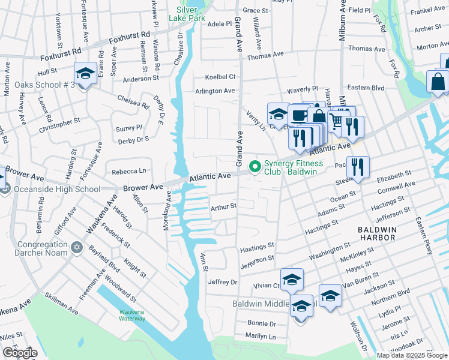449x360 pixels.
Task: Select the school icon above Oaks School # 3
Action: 85,74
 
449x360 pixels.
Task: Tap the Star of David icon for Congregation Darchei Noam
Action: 76,248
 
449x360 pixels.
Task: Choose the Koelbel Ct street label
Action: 220,77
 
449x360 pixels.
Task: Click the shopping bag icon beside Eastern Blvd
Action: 438,82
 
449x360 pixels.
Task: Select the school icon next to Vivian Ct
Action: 292,279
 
